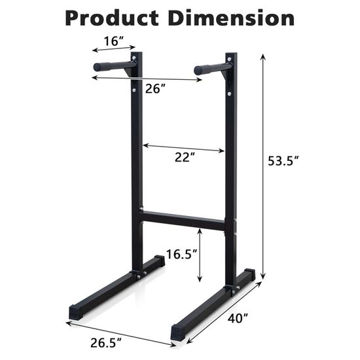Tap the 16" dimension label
[113, 41]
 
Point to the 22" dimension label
[185, 158]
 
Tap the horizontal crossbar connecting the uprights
[185, 217]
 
